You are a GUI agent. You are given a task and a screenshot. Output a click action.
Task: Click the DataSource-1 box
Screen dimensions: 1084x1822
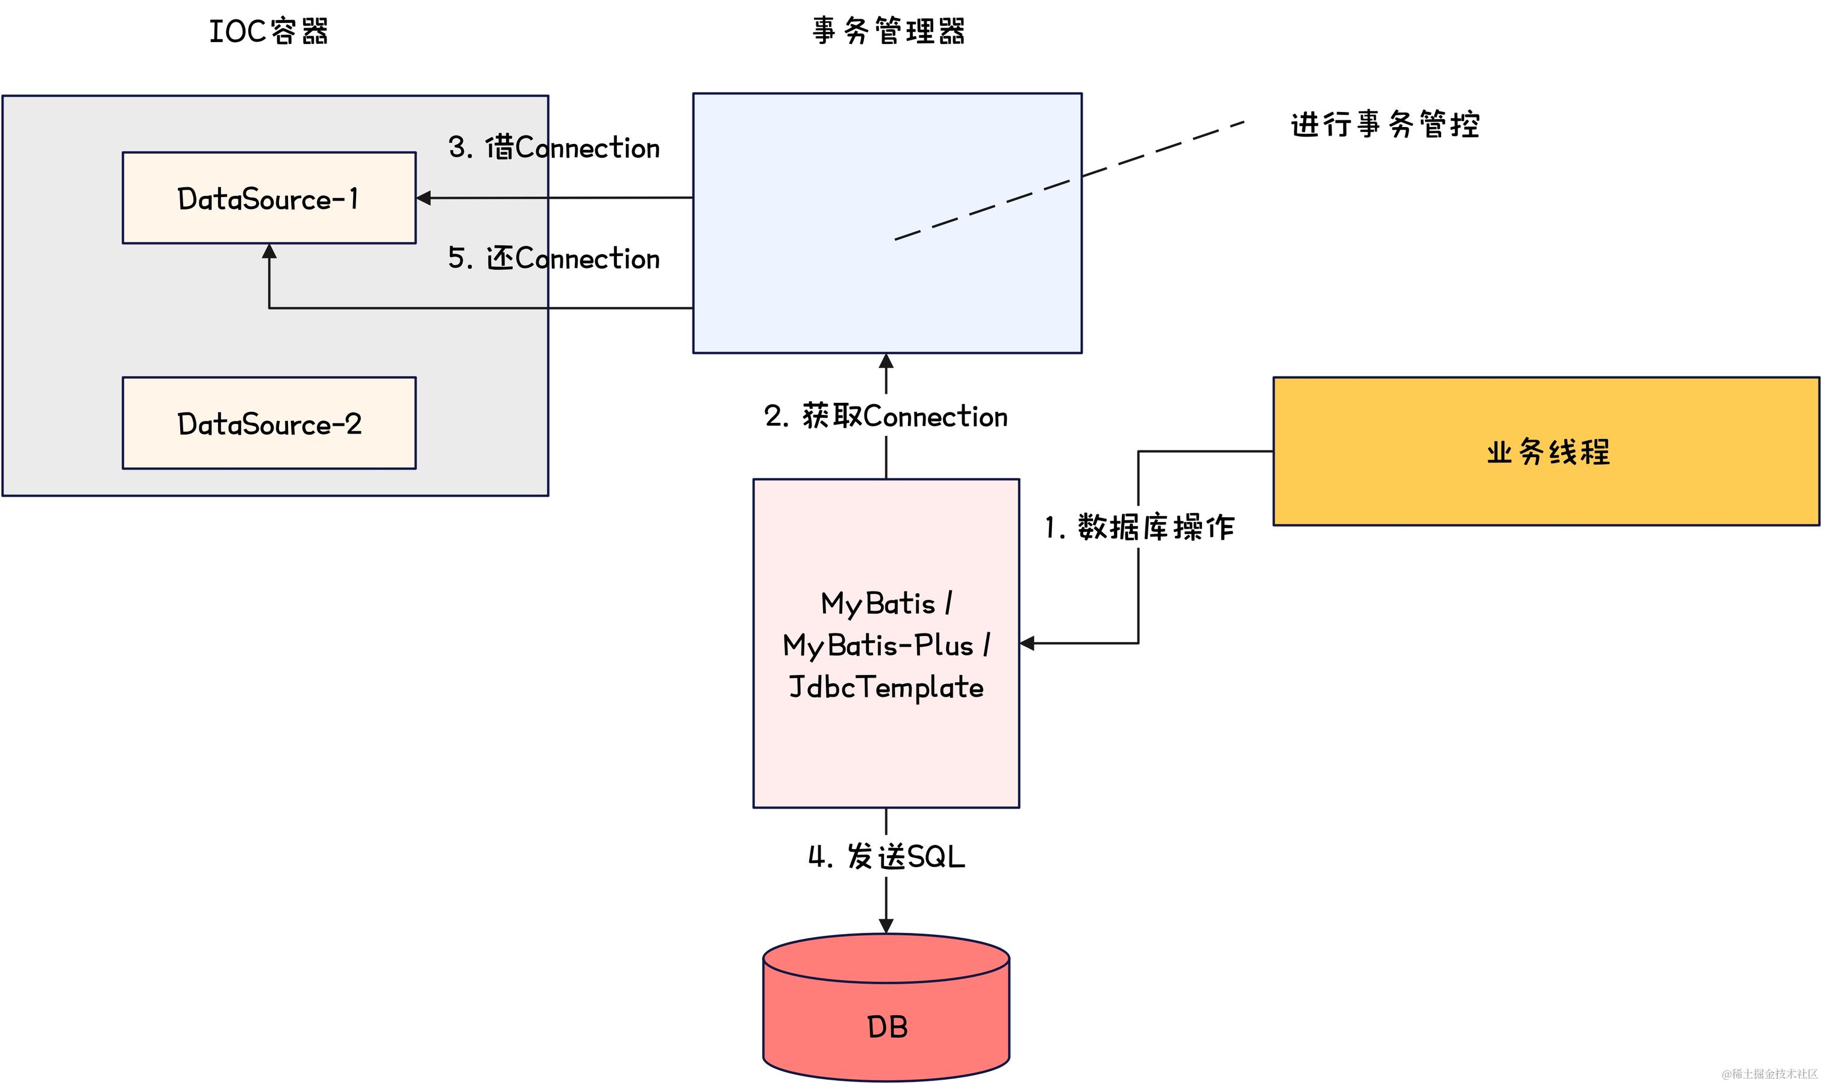pos(269,198)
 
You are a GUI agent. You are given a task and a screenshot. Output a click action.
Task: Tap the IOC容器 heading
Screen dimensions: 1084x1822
pos(268,31)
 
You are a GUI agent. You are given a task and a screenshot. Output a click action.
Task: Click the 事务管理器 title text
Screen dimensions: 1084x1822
pos(888,31)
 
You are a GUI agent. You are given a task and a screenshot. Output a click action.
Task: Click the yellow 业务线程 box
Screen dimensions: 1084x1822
pos(1545,452)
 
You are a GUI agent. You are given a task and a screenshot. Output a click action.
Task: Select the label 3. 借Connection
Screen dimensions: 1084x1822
pos(554,148)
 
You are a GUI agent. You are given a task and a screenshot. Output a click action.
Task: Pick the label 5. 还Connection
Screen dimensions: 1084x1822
pos(554,258)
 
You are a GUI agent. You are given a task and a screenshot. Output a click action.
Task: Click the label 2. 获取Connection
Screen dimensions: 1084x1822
pos(886,416)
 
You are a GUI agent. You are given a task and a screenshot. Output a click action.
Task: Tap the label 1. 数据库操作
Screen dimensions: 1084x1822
pos(1139,528)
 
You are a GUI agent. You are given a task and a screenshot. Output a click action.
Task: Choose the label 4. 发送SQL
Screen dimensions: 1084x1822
pos(886,857)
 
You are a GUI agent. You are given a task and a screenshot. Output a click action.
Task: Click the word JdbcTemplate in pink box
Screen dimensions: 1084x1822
pos(886,687)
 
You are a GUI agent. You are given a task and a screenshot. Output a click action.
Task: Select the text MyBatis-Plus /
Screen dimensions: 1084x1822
pos(886,646)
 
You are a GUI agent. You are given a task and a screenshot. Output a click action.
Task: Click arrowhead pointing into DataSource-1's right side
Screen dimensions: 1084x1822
pos(423,198)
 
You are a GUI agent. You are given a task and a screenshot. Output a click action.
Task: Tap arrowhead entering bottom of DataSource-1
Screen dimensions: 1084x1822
pos(269,251)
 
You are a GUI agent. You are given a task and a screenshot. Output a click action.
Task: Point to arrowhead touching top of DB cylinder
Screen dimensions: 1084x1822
pos(886,926)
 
